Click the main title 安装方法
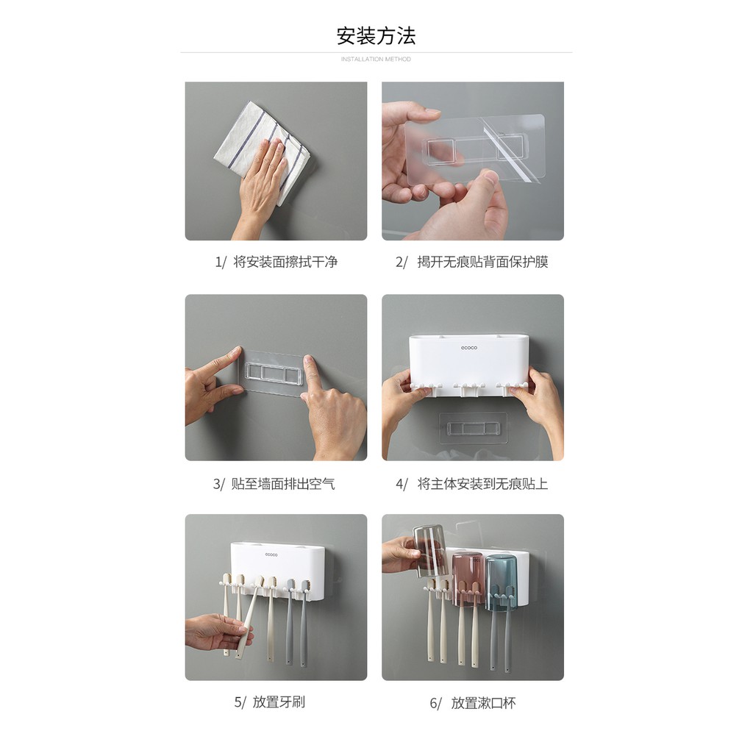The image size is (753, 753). click(x=376, y=37)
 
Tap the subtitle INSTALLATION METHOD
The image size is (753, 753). click(x=376, y=60)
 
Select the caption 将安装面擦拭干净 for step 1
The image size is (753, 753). click(x=286, y=262)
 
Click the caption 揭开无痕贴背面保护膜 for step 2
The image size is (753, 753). click(x=482, y=262)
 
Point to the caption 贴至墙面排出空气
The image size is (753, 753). click(x=283, y=484)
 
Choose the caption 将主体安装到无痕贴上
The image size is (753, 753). click(x=482, y=484)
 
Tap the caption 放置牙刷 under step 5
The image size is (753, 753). click(x=279, y=702)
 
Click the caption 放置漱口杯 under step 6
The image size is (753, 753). click(x=484, y=703)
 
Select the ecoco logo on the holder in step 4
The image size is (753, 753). click(x=469, y=348)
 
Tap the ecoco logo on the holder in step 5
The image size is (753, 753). click(x=271, y=554)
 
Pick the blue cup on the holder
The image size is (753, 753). click(x=501, y=583)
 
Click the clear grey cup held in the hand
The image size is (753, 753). click(x=430, y=552)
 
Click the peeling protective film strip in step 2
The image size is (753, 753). click(x=513, y=149)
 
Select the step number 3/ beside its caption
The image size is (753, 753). click(x=218, y=484)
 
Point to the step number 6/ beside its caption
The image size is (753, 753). click(x=435, y=704)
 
